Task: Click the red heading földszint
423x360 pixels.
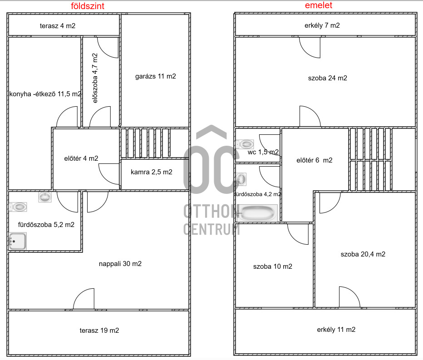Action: point(88,6)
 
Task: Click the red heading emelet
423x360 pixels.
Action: point(319,5)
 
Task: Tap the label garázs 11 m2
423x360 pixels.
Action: point(155,76)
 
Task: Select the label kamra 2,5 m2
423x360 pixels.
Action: point(151,172)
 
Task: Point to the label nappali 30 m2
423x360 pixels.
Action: point(120,264)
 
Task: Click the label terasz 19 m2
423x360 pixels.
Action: point(99,330)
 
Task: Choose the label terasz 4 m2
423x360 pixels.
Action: point(58,26)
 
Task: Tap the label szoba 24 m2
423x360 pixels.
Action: point(328,78)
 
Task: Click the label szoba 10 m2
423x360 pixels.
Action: point(272,266)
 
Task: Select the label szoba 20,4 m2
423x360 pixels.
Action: point(363,254)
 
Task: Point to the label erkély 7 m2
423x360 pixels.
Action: point(322,25)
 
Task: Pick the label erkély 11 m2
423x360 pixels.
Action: point(336,330)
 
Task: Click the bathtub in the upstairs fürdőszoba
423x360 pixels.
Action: point(258,213)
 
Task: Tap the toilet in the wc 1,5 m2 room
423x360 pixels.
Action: point(245,144)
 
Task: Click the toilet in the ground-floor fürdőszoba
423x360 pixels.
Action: point(18,207)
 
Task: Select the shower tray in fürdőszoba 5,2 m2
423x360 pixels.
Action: point(18,241)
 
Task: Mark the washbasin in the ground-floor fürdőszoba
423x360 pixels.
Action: point(45,197)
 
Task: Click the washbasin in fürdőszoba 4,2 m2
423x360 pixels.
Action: point(241,179)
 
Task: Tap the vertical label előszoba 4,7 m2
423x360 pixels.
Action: point(95,78)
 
